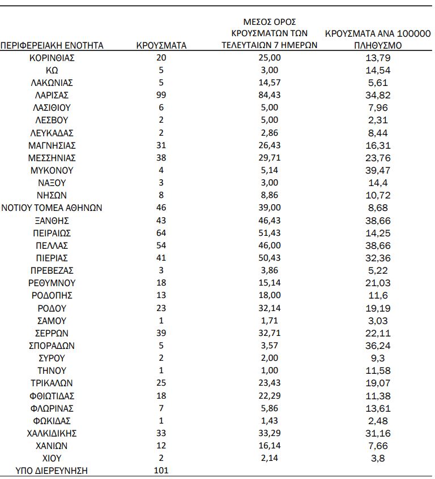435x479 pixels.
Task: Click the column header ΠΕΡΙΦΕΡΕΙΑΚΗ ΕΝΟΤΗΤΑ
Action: click(x=52, y=45)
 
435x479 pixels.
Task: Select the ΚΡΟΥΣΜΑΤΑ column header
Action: click(x=161, y=45)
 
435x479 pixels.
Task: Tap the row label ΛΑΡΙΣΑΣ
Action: click(x=52, y=95)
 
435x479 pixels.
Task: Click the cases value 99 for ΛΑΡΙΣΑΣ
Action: click(x=161, y=95)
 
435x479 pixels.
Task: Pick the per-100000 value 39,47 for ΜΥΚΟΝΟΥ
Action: click(x=378, y=170)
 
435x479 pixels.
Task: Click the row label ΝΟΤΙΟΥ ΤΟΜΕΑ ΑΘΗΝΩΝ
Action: click(x=52, y=208)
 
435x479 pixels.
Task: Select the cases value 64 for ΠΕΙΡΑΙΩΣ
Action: click(x=161, y=232)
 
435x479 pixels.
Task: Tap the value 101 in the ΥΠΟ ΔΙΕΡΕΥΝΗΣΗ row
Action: click(x=161, y=470)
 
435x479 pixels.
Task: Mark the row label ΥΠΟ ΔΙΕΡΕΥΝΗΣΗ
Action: click(x=52, y=470)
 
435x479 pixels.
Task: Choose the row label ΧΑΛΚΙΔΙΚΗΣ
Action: click(x=52, y=433)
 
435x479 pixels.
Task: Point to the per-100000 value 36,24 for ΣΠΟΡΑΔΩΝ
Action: click(x=378, y=346)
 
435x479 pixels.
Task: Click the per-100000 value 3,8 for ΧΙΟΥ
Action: click(x=378, y=458)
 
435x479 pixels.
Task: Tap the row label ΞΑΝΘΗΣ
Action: click(x=52, y=220)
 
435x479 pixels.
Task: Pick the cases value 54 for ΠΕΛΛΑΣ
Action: click(x=161, y=245)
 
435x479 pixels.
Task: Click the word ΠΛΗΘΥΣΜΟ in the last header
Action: click(x=378, y=45)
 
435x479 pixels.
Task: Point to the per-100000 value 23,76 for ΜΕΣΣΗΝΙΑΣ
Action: click(x=378, y=158)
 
